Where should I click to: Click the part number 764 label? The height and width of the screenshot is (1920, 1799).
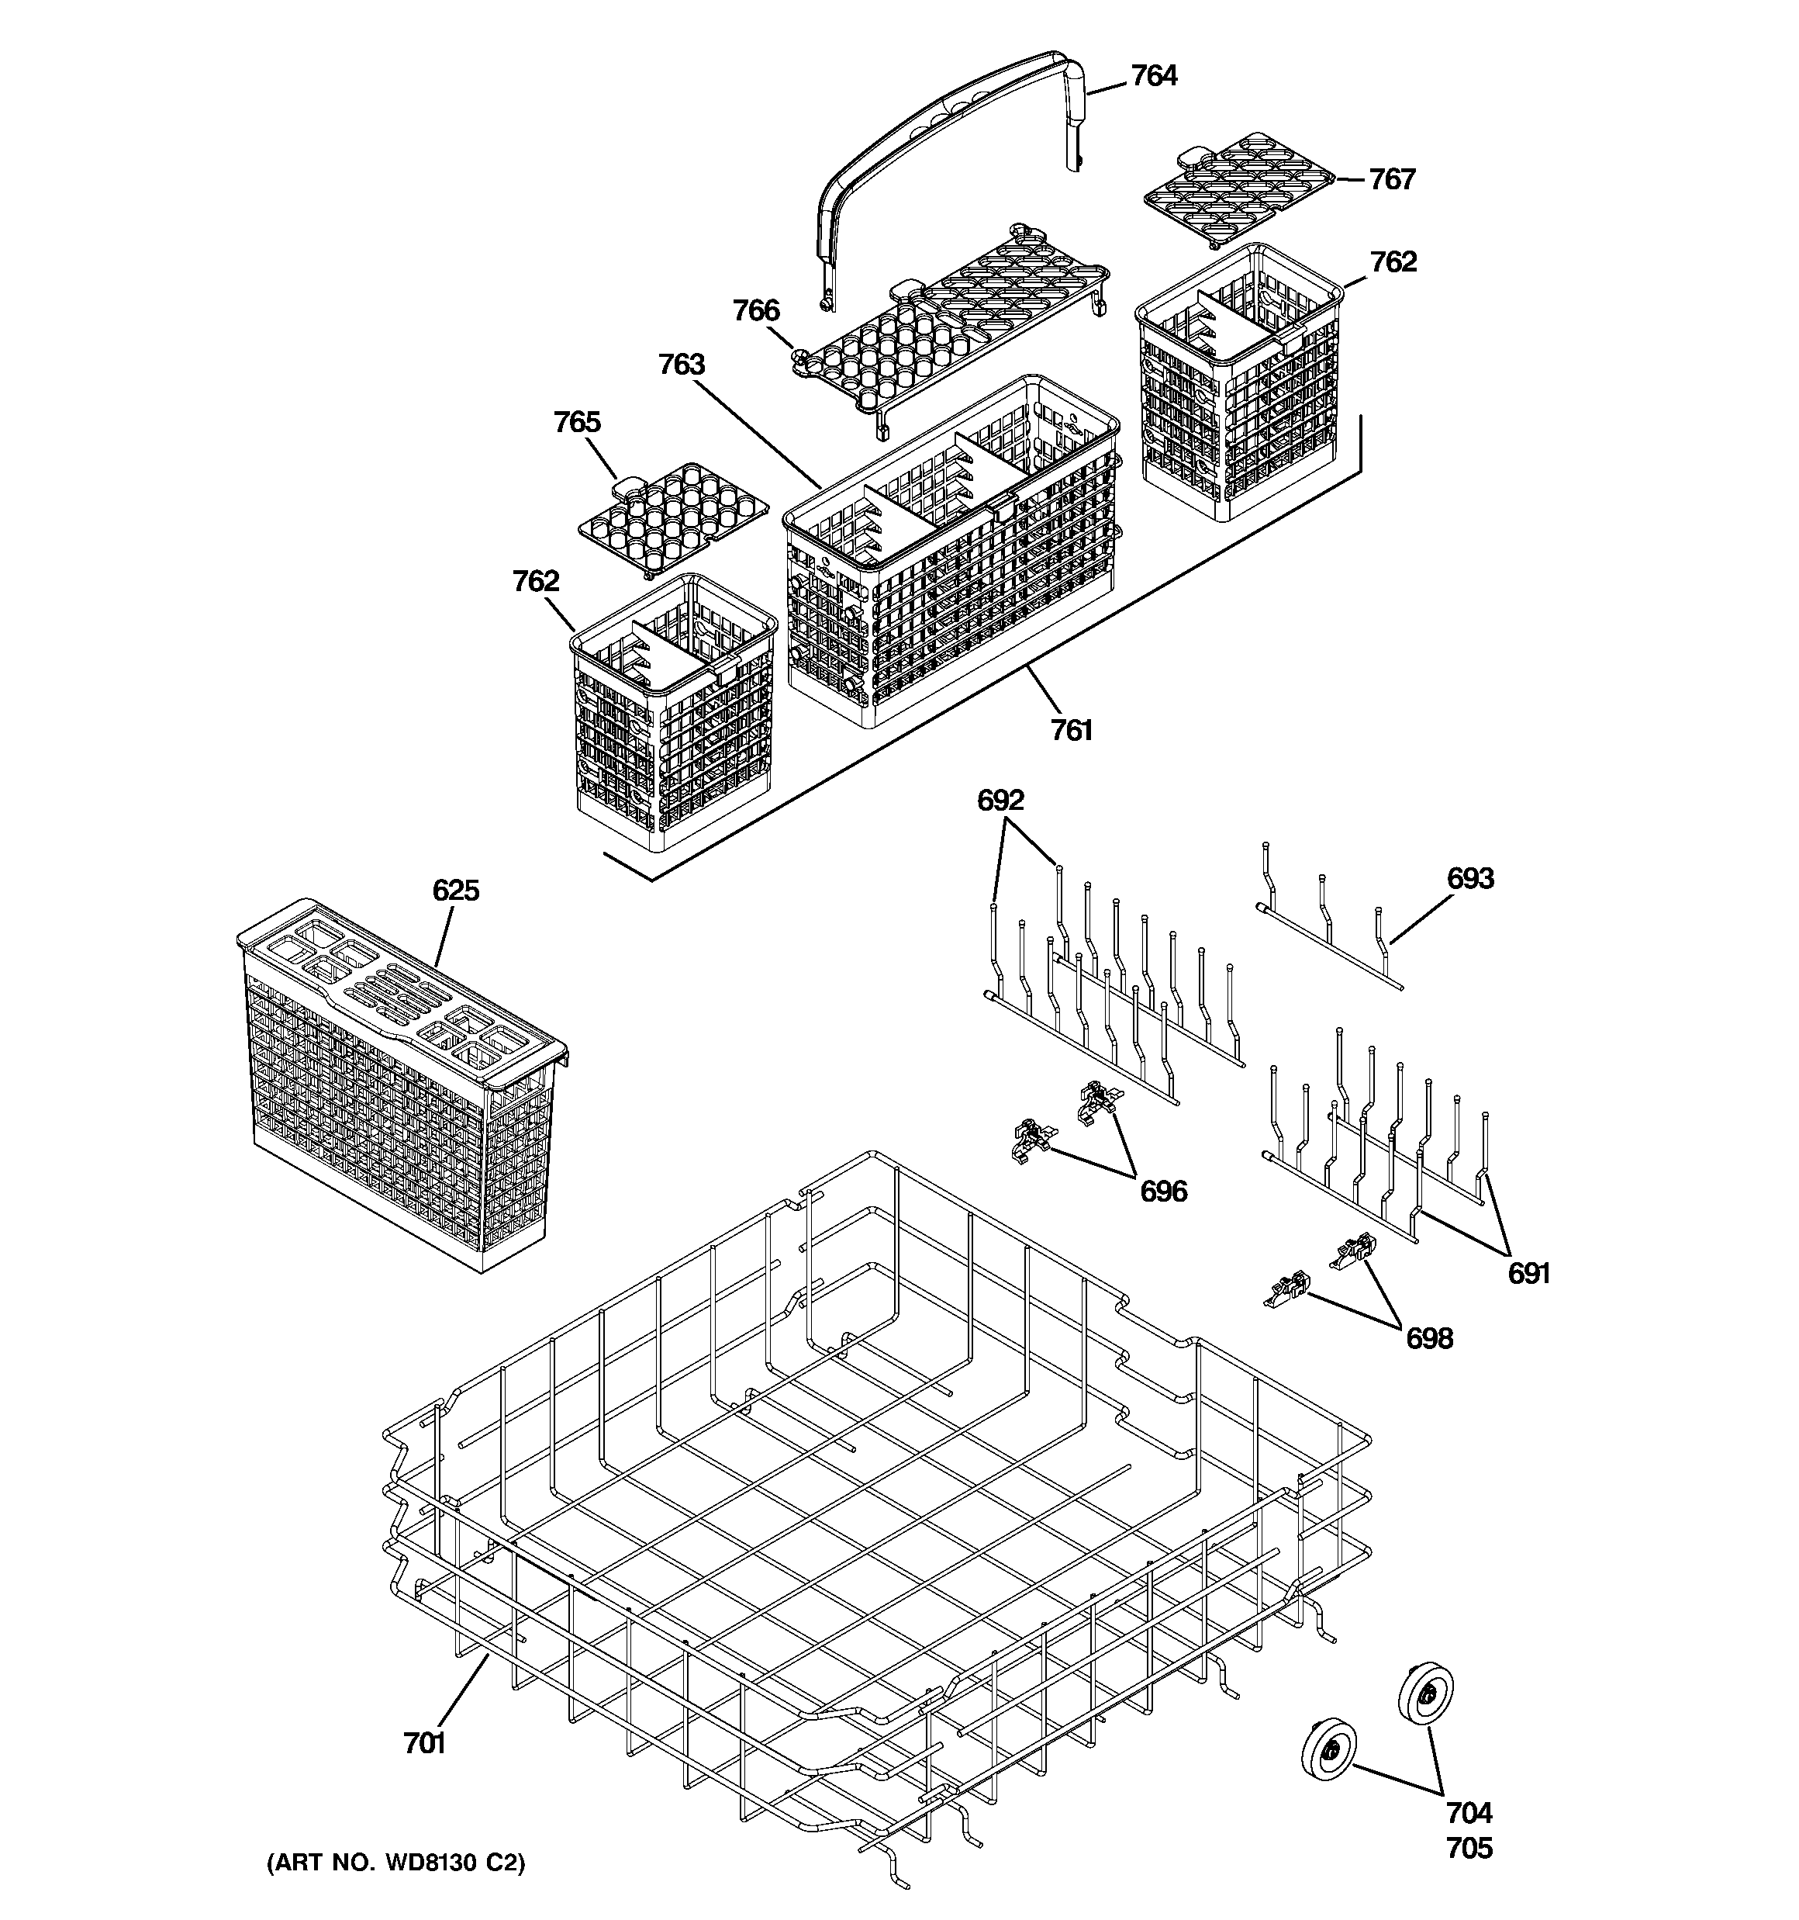(1154, 75)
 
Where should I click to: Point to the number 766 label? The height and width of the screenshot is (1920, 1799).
(755, 310)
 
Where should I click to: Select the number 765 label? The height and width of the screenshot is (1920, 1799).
(576, 422)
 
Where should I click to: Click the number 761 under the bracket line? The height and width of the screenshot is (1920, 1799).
(1072, 730)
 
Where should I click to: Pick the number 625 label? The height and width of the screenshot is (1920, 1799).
(456, 890)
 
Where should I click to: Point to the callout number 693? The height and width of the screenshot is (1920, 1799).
(1469, 878)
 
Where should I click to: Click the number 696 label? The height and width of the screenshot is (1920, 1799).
(1164, 1191)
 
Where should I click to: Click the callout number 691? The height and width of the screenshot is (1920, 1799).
(1528, 1274)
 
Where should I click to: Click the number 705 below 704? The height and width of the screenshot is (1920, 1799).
(1469, 1848)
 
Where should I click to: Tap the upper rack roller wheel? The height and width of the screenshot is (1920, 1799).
(1425, 1691)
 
